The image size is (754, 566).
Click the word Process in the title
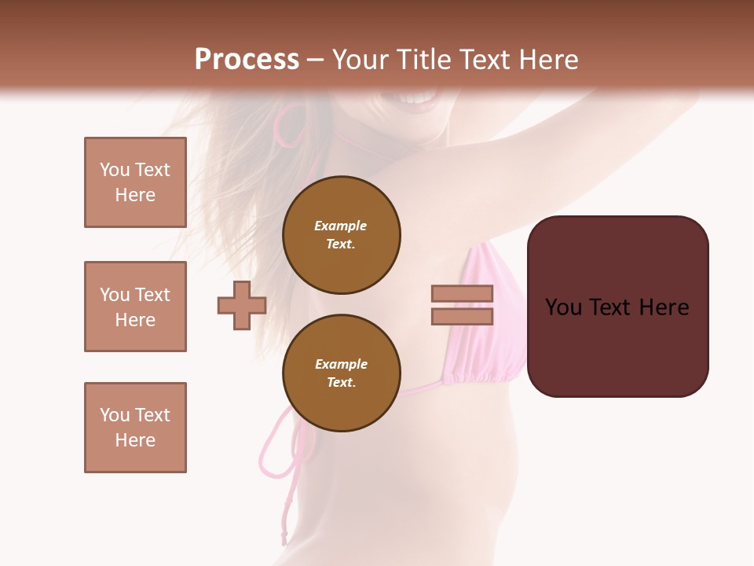tap(247, 60)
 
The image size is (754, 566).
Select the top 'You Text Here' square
tap(135, 182)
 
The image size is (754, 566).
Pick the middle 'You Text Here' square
tap(135, 307)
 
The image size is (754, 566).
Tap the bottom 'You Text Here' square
tap(135, 428)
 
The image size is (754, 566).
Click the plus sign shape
tap(242, 305)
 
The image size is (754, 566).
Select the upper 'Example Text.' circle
tap(341, 235)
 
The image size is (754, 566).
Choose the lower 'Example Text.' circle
tap(341, 373)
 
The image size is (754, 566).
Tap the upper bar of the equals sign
tap(463, 293)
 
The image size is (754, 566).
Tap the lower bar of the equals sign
tap(463, 316)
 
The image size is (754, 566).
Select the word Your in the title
tap(359, 60)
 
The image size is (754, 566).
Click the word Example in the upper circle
tap(340, 226)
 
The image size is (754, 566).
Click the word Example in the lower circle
tap(341, 364)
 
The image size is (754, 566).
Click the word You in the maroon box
tap(564, 307)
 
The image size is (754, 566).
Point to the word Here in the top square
tap(135, 195)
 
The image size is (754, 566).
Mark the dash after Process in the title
tap(316, 60)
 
